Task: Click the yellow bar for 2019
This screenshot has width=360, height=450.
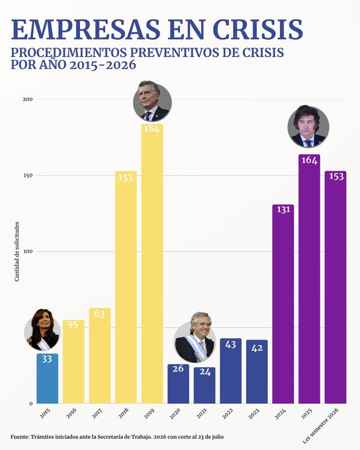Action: pyautogui.click(x=152, y=264)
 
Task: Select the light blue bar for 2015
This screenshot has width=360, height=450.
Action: pyautogui.click(x=48, y=379)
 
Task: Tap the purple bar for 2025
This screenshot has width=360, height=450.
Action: pyautogui.click(x=309, y=279)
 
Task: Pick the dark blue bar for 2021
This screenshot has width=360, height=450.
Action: pyautogui.click(x=204, y=385)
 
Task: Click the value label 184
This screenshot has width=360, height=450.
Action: pyautogui.click(x=152, y=128)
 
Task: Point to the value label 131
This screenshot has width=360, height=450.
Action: pyautogui.click(x=283, y=210)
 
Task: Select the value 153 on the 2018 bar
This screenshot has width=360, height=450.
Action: pyautogui.click(x=126, y=178)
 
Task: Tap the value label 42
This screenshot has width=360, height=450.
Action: pyautogui.click(x=257, y=348)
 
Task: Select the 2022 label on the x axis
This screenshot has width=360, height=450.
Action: pyautogui.click(x=228, y=413)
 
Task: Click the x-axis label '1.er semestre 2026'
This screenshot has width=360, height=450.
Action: pyautogui.click(x=321, y=426)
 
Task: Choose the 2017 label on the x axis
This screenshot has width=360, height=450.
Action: pyautogui.click(x=97, y=413)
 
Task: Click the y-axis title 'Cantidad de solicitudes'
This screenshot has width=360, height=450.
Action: pyautogui.click(x=17, y=251)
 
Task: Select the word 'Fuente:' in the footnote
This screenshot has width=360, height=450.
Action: pyautogui.click(x=20, y=437)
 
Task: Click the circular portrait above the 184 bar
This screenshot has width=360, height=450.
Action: pyautogui.click(x=152, y=102)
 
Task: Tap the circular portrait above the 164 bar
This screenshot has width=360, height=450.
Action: pyautogui.click(x=308, y=127)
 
